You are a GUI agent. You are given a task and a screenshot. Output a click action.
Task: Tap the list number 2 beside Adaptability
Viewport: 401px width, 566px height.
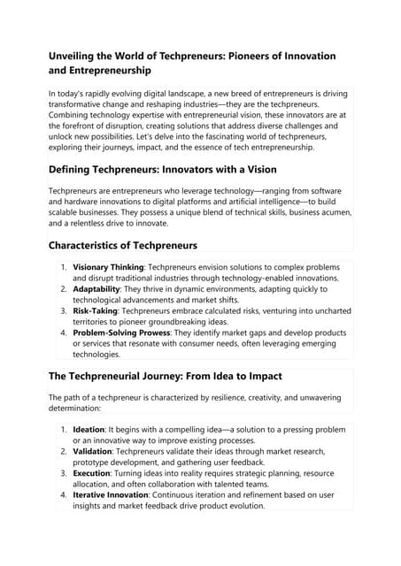tap(63, 288)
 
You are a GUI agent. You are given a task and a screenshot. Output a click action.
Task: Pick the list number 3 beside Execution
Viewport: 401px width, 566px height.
tap(63, 472)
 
